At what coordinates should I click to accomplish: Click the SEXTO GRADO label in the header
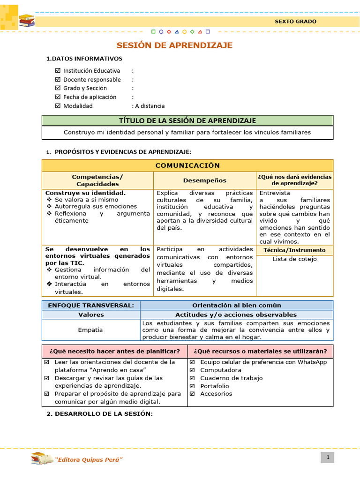[295, 22]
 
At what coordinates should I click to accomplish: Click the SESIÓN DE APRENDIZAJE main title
[174, 45]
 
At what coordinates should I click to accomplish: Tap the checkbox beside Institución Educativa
[58, 71]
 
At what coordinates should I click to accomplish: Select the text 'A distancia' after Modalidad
[150, 106]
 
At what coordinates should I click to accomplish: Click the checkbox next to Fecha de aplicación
[58, 97]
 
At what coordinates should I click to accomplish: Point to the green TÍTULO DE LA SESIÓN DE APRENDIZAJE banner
[187, 121]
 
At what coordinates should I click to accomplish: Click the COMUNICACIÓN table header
[187, 165]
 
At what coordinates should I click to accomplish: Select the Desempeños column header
[204, 180]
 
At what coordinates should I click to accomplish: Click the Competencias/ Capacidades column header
[97, 180]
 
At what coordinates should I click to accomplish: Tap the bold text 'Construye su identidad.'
[85, 193]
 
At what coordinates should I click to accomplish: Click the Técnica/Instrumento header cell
[294, 250]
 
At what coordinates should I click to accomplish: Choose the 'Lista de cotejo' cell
[294, 259]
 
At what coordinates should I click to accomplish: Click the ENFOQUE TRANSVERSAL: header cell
[91, 306]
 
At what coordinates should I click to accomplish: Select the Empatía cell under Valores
[91, 330]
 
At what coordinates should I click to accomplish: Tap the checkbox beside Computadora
[192, 370]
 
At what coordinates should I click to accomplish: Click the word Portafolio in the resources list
[215, 386]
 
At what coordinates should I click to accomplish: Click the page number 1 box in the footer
[327, 457]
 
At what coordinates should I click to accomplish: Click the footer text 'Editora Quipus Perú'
[89, 459]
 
